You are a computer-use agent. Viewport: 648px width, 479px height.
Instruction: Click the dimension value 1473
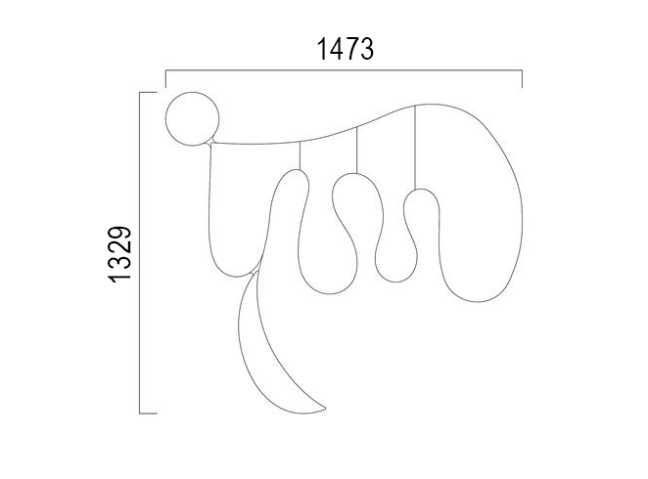(x=346, y=49)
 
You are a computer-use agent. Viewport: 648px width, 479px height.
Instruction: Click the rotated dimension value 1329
(x=119, y=254)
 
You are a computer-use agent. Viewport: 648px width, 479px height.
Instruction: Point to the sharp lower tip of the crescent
(x=325, y=410)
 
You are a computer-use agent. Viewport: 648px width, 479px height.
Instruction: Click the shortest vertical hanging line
(x=301, y=155)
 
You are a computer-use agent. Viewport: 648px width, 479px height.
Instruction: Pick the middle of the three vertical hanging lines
(x=356, y=151)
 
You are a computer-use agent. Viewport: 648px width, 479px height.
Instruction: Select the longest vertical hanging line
(x=415, y=148)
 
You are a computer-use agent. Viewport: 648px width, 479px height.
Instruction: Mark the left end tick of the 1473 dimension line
(x=165, y=79)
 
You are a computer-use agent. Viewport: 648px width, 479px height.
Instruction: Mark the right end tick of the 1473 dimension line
(x=522, y=79)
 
